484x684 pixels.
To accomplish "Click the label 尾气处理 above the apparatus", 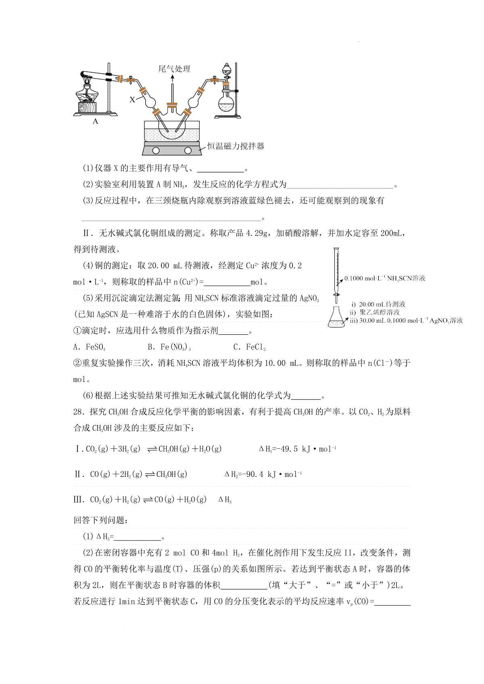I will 174,69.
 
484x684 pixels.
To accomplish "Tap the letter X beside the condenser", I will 132,99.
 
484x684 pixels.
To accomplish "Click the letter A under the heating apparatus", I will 96,121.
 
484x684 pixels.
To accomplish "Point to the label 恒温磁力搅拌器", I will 236,146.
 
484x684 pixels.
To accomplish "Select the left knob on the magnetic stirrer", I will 156,151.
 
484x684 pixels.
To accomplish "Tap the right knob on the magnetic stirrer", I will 188,151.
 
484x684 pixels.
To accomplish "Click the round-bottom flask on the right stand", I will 227,104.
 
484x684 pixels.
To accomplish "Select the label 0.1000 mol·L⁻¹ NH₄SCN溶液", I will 385,278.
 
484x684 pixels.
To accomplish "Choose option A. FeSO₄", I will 89,347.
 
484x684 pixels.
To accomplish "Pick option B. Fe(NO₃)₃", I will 169,347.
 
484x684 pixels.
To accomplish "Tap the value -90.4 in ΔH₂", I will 255,474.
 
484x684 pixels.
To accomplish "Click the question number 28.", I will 79,412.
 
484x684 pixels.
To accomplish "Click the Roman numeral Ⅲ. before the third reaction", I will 79,500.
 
